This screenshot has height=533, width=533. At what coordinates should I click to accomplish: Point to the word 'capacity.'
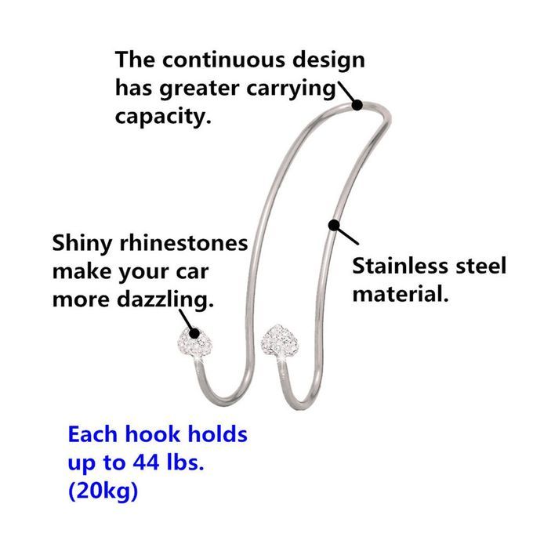164,116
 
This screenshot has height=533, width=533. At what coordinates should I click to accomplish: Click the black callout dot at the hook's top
357,104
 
